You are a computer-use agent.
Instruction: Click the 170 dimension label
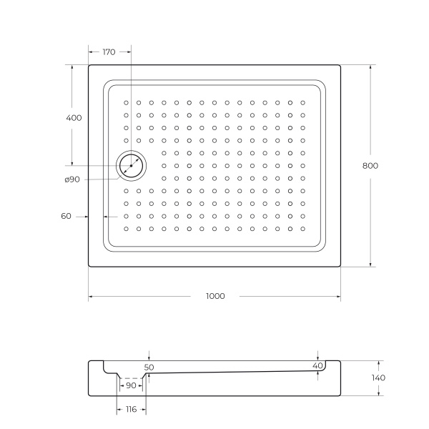coord(109,52)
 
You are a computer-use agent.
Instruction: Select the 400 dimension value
coord(74,117)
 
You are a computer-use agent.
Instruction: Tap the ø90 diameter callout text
coord(71,179)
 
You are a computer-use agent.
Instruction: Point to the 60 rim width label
coord(66,215)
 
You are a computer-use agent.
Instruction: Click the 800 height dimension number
coord(370,165)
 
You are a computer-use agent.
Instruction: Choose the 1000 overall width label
coord(214,296)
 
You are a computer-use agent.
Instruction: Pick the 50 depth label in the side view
coord(149,367)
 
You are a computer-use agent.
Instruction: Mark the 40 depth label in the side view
coord(318,366)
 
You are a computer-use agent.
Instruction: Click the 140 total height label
coord(379,378)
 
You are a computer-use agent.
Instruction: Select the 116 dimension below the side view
coord(131,409)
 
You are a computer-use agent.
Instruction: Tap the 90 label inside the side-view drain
coord(131,386)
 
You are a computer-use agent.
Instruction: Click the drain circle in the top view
coord(131,165)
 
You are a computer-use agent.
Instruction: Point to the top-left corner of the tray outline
coord(89,65)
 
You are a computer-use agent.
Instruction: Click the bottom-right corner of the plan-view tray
coord(340,267)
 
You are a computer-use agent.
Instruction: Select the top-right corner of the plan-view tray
coord(340,65)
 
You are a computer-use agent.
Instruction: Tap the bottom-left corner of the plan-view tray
coord(89,267)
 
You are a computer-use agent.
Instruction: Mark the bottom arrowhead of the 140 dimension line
coord(379,393)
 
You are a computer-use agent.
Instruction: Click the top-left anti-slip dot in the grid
coord(127,102)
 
